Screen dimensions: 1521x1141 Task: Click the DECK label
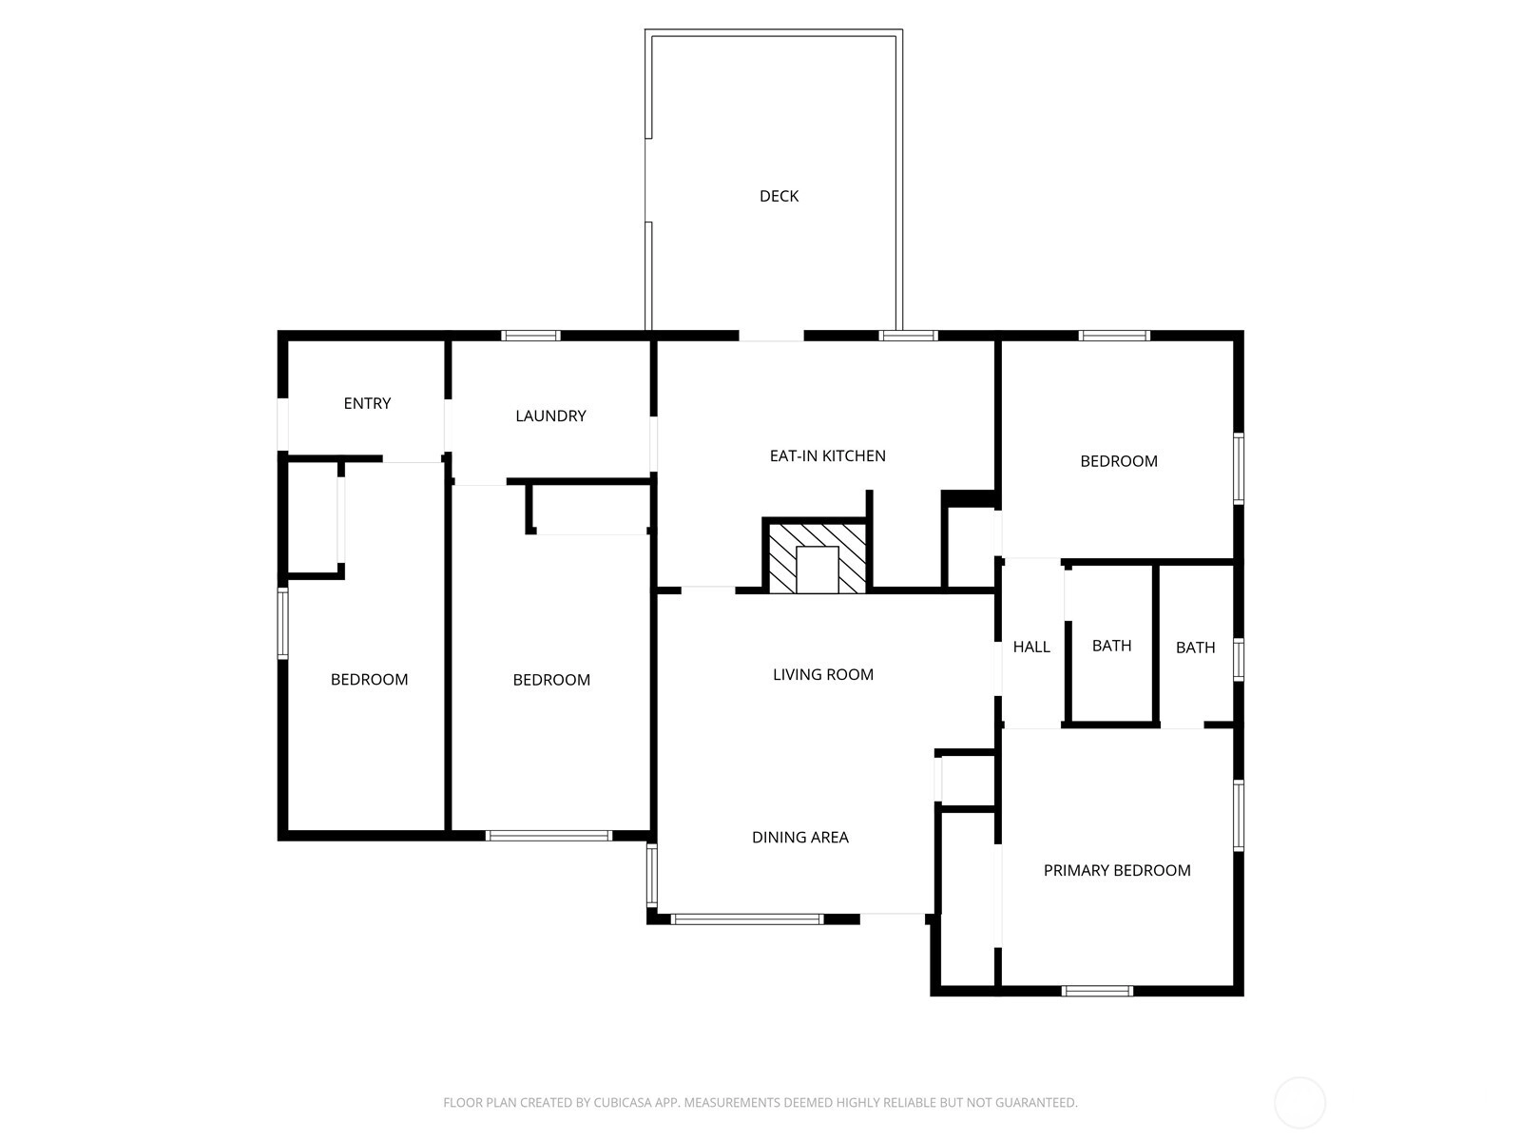[x=779, y=196]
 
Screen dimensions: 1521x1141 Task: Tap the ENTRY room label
[x=367, y=403]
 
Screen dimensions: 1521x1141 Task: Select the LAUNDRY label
[x=550, y=416]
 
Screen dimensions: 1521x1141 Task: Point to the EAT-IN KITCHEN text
[x=827, y=455]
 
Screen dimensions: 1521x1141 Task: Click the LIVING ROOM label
[x=823, y=674]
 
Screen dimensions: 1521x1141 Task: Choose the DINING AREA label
[x=800, y=837]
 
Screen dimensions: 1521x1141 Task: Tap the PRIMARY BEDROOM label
[x=1117, y=870]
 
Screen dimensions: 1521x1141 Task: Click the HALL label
[x=1031, y=648]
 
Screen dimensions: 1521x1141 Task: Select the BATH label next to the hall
[x=1111, y=646]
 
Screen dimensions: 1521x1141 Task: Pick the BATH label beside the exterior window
[x=1195, y=648]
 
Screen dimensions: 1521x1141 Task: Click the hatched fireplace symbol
[x=818, y=558]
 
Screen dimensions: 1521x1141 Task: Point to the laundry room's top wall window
[x=530, y=336]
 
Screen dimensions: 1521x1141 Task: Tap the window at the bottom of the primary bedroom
[x=1097, y=992]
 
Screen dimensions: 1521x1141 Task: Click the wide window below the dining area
[x=747, y=919]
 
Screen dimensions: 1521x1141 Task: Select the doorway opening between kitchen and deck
[x=771, y=336]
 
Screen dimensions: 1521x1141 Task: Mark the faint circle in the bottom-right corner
[x=1300, y=1103]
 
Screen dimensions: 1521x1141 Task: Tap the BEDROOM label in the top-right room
[x=1118, y=461]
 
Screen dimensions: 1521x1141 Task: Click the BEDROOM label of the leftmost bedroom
[x=370, y=680]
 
